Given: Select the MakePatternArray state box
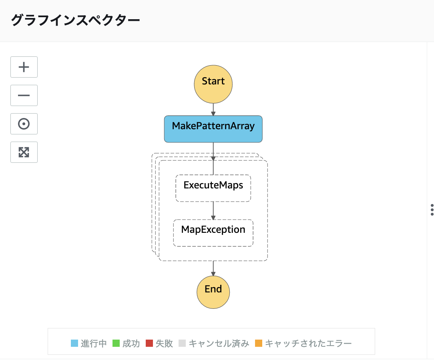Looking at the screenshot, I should point(213,129).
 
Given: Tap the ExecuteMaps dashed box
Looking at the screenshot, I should point(213,188).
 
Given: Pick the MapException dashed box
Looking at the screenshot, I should point(213,233).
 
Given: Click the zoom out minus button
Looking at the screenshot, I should point(24,95).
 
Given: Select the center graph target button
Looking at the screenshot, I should point(24,124).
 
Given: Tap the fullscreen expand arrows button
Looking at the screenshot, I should point(24,152).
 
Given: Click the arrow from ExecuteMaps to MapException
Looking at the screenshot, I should point(213,210).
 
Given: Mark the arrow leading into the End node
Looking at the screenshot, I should point(213,268).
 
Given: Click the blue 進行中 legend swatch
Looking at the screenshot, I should point(74,343).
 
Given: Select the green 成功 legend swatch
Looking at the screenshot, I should point(116,343).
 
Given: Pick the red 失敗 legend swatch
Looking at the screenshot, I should point(149,343).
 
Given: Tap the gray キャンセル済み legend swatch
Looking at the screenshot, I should point(183,343).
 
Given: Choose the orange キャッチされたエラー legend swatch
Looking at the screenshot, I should point(259,343).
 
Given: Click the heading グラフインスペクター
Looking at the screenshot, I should point(75,20).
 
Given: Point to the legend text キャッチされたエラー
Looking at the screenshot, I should point(308,343).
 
